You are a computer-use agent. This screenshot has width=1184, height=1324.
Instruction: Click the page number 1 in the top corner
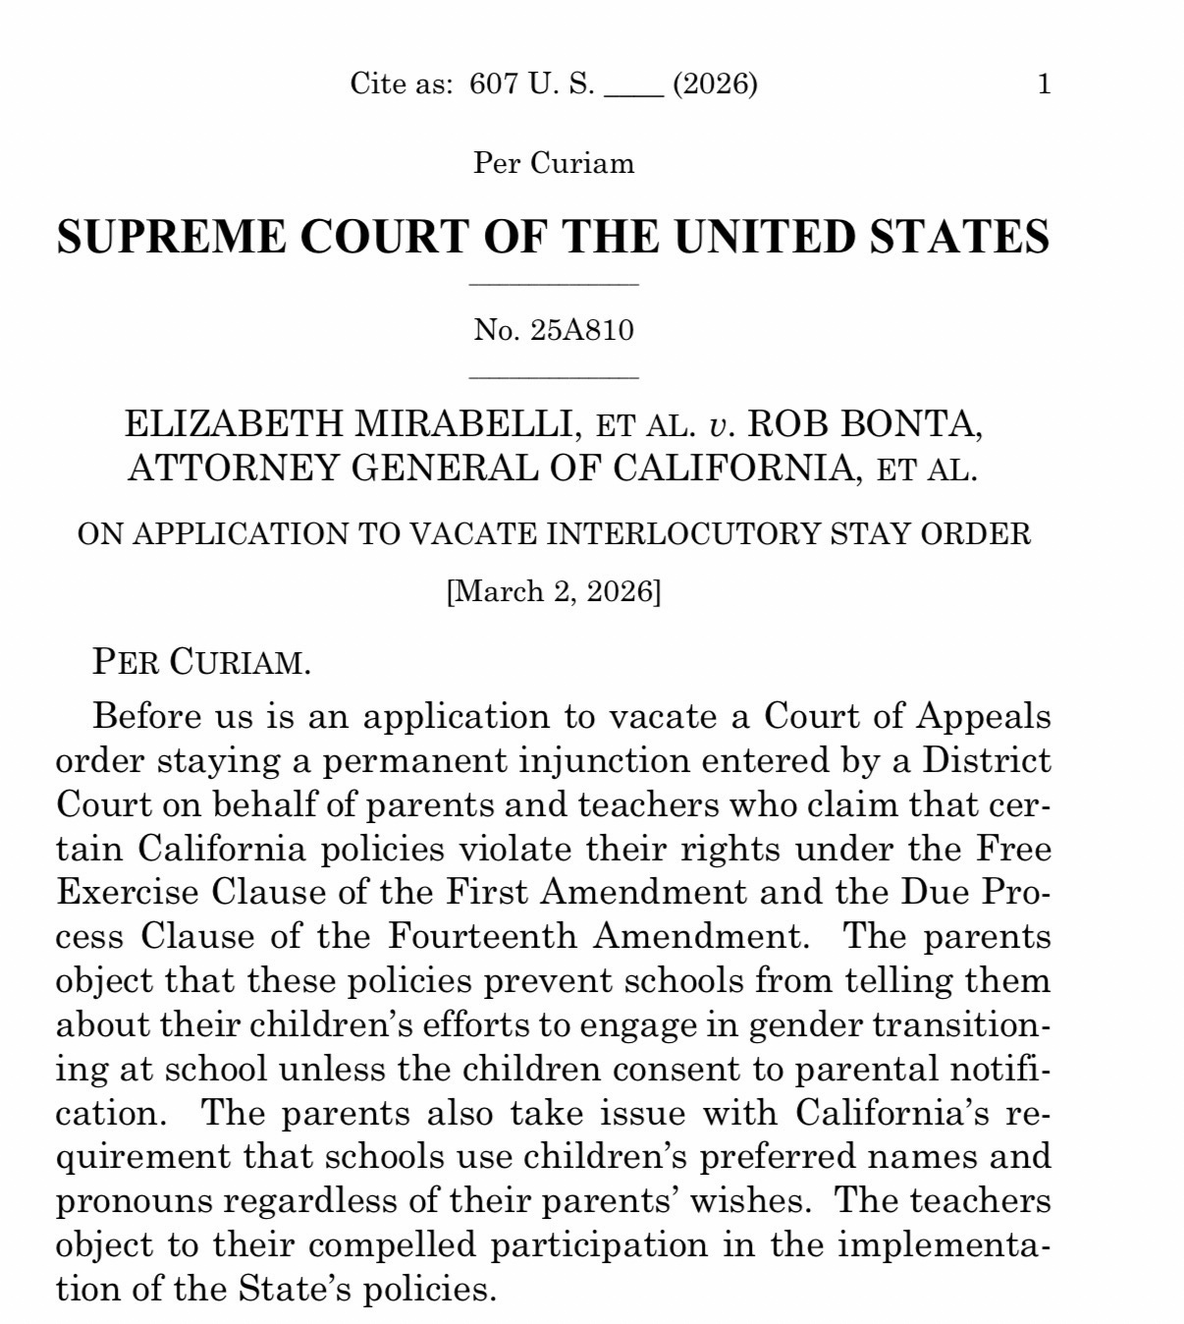[x=1044, y=84]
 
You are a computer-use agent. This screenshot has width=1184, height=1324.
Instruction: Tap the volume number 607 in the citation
[x=493, y=84]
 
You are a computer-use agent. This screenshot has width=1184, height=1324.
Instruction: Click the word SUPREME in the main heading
[x=171, y=237]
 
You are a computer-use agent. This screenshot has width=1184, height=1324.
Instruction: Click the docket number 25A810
[x=582, y=330]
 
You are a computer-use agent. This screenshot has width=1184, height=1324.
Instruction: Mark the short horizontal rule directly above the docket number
[x=554, y=285]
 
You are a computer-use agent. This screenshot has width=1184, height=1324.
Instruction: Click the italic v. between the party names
[x=720, y=425]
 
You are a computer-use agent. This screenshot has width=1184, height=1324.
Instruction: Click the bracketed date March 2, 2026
[x=554, y=591]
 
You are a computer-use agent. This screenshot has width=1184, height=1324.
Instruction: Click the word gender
[x=805, y=1023]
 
